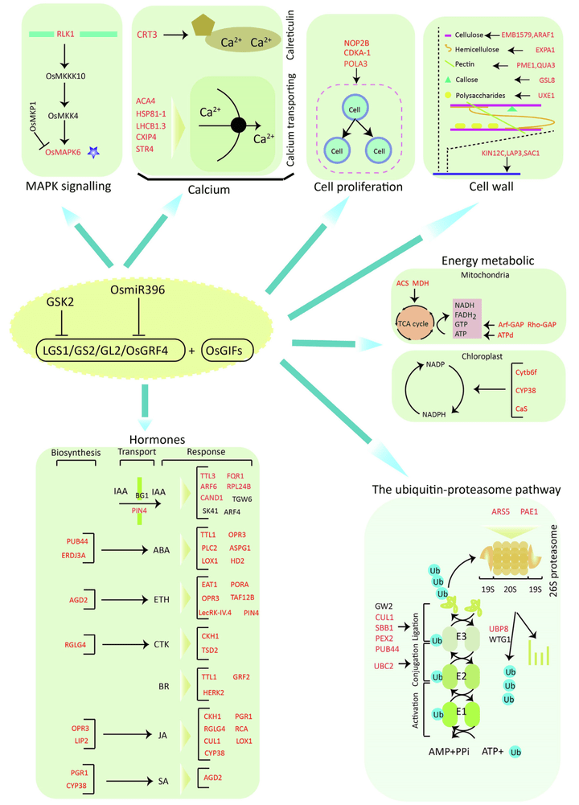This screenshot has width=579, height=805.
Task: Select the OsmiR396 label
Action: [138, 290]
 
